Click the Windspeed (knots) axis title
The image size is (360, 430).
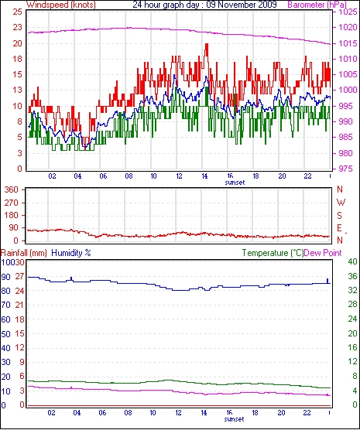(61, 5)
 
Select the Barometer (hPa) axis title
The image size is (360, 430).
(317, 5)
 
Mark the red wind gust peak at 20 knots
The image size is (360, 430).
(206, 45)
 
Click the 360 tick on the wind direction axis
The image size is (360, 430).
(12, 189)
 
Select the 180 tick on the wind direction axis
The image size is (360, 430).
(12, 215)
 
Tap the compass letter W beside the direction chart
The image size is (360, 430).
(341, 203)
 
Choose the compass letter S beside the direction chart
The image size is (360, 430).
(340, 216)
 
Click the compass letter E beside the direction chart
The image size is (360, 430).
(340, 228)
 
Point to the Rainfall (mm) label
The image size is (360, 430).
(24, 253)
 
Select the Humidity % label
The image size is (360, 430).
(71, 253)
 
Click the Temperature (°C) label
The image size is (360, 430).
(273, 253)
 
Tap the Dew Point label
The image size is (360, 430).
(323, 253)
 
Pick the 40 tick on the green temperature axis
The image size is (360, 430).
(352, 261)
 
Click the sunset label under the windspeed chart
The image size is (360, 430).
(235, 183)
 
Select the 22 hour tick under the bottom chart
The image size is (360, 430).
(307, 412)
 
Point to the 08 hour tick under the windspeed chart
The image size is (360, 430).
(129, 176)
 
